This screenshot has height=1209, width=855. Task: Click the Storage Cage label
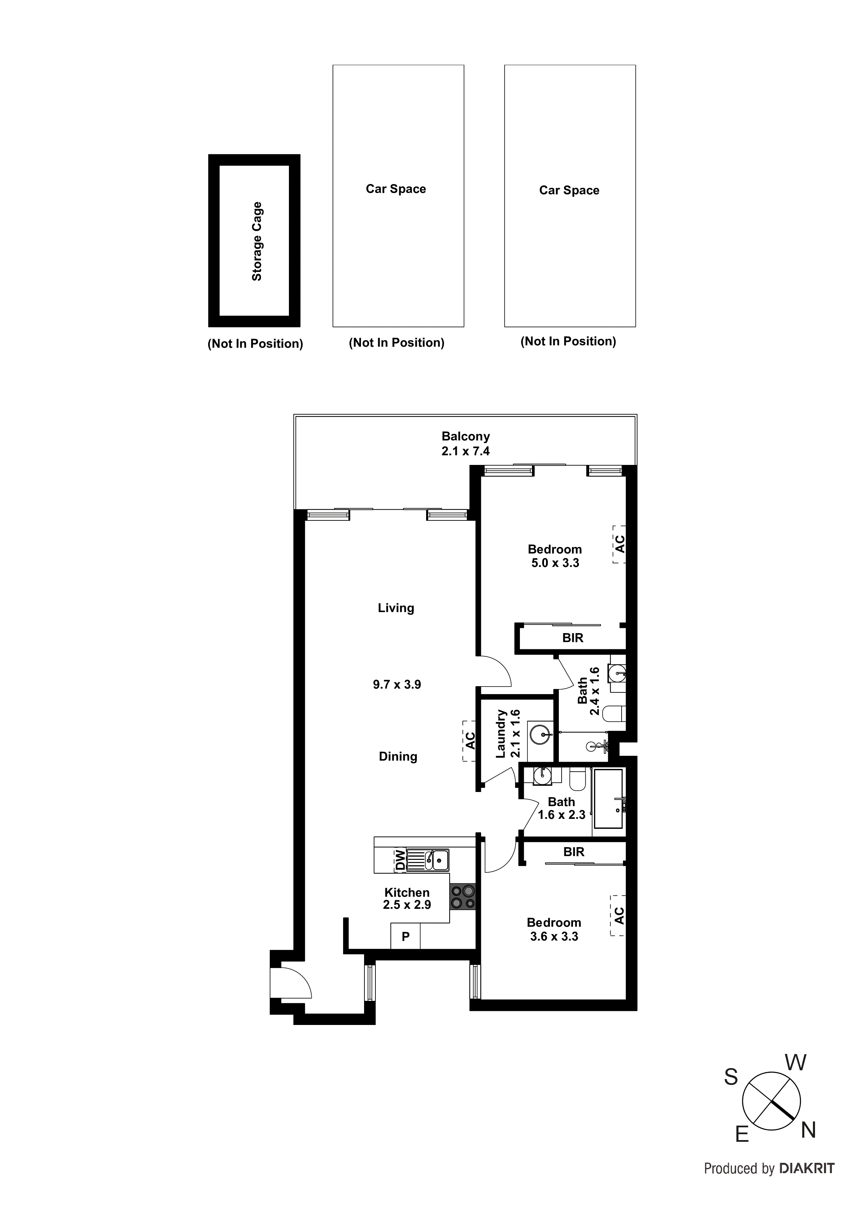[x=256, y=241]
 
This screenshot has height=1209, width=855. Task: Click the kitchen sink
[x=437, y=861]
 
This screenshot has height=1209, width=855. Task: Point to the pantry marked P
[x=405, y=936]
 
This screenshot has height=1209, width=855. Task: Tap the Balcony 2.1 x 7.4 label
[x=466, y=443]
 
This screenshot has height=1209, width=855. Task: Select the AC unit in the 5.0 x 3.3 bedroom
[x=620, y=544]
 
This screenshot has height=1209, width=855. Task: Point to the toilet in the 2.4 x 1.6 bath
[x=615, y=714]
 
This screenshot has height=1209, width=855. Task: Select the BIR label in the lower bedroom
[x=574, y=852]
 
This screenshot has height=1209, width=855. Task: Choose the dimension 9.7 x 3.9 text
[x=397, y=684]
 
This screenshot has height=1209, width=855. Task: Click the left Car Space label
[x=396, y=189]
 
